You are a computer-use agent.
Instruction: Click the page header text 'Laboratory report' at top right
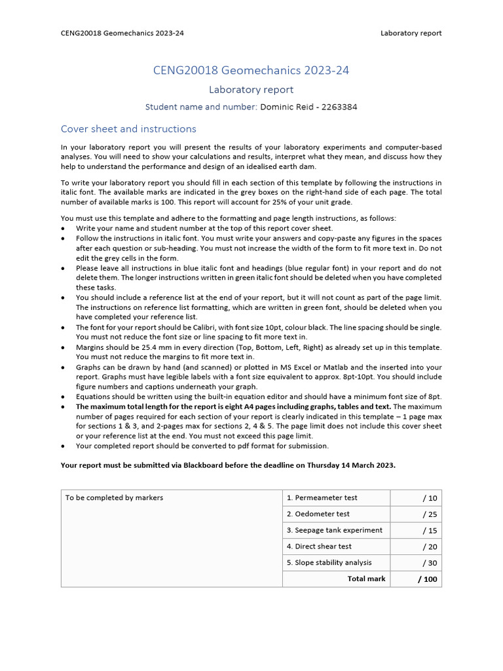point(411,33)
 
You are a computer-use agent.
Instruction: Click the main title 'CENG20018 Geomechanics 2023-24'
point(251,70)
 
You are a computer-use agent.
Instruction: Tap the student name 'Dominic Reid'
point(288,107)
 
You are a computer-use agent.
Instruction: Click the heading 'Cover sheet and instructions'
point(128,129)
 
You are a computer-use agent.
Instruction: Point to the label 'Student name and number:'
point(201,107)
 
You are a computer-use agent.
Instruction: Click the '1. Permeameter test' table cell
point(322,498)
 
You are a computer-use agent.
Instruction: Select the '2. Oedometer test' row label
point(318,514)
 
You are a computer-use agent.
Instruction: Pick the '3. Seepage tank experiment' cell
point(335,530)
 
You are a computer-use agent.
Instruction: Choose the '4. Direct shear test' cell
point(319,546)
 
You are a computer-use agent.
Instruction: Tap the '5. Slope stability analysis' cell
point(329,562)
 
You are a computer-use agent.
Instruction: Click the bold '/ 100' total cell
point(428,579)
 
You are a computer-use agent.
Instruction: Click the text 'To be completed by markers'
point(114,498)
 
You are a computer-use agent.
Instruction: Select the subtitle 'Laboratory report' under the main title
point(251,90)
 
